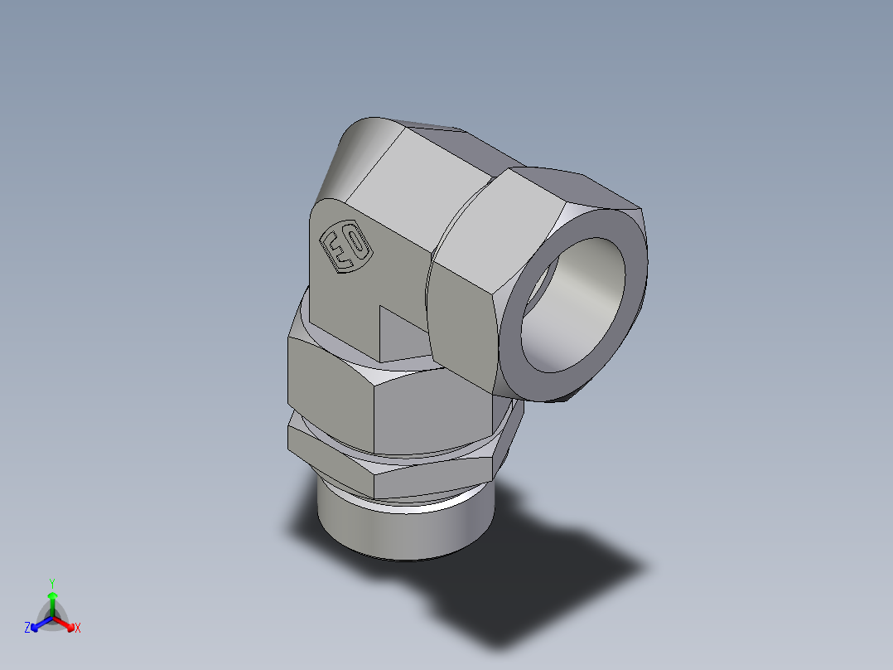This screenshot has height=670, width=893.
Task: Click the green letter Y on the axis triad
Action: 51,583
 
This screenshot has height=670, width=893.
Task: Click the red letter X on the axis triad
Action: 78,629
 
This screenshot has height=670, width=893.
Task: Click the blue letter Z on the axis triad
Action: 27,629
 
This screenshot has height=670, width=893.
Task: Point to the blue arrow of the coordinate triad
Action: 38,624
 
